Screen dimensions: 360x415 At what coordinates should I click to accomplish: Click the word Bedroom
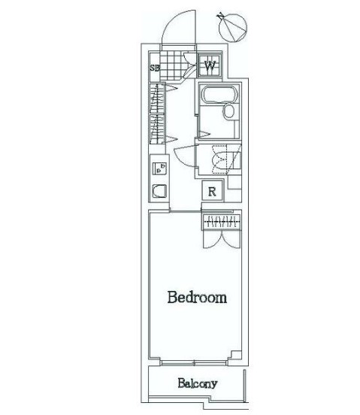click(197, 298)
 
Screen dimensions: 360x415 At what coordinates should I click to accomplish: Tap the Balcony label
click(198, 383)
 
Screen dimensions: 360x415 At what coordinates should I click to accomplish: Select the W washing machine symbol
click(210, 65)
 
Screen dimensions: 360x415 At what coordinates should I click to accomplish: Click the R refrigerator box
click(212, 191)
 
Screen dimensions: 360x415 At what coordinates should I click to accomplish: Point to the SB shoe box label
click(155, 68)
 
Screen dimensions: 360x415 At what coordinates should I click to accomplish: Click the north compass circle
click(233, 28)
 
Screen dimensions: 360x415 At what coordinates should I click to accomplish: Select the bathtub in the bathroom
click(219, 94)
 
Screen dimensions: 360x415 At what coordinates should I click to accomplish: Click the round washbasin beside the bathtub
click(228, 111)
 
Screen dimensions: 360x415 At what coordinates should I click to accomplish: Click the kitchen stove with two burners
click(159, 168)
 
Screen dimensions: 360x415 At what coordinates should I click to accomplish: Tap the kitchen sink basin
click(159, 191)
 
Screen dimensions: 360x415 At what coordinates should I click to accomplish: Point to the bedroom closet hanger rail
click(222, 221)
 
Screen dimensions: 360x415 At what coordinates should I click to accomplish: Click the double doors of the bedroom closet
click(222, 239)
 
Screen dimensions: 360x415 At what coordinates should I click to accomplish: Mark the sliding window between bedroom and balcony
click(194, 362)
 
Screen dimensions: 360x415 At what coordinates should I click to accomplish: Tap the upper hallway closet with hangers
click(157, 98)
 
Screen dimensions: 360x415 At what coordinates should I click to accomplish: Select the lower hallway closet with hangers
click(157, 129)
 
